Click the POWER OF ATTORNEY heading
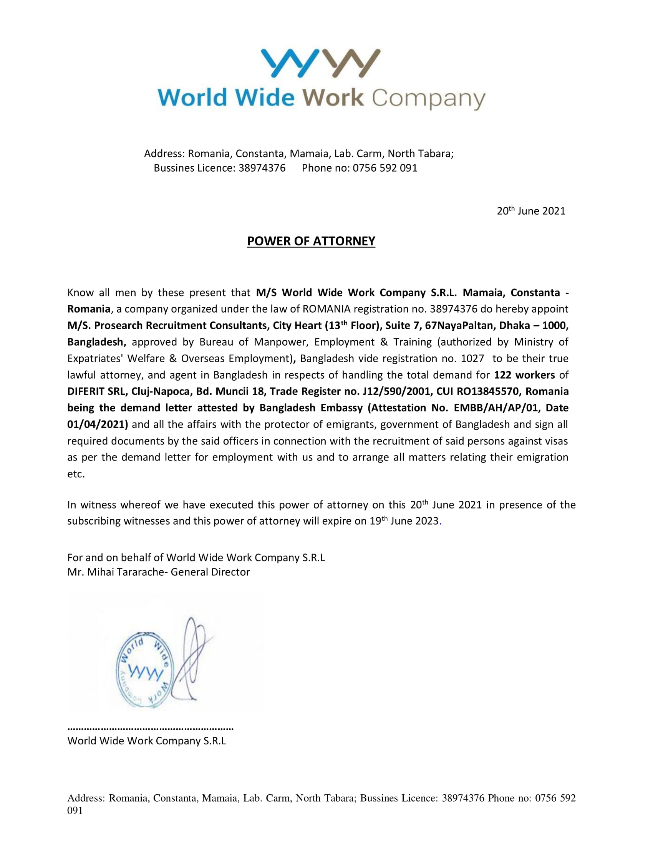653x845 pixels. click(311, 241)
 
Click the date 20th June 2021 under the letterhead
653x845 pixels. click(531, 211)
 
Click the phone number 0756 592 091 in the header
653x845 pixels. click(385, 168)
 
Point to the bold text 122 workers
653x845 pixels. click(524, 375)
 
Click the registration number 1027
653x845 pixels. click(472, 358)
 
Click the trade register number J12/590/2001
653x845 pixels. click(396, 391)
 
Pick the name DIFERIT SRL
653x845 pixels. click(96, 391)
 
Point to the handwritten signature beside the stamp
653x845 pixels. click(192, 658)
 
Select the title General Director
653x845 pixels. click(210, 572)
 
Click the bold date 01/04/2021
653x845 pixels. click(98, 424)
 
